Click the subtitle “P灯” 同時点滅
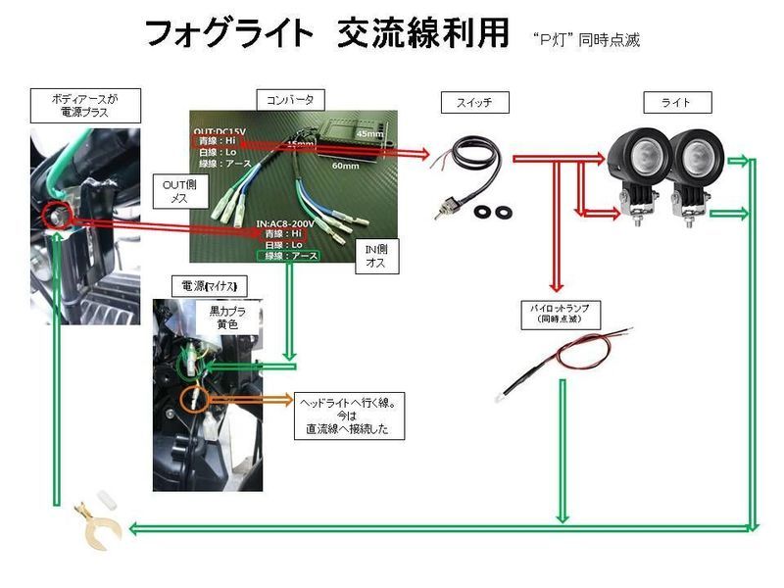pyautogui.click(x=586, y=40)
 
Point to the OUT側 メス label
pyautogui.click(x=179, y=191)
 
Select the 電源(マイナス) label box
pyautogui.click(x=208, y=285)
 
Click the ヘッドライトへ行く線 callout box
pyautogui.click(x=349, y=416)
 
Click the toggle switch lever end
pyautogui.click(x=443, y=212)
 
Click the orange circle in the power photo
pyautogui.click(x=194, y=399)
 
